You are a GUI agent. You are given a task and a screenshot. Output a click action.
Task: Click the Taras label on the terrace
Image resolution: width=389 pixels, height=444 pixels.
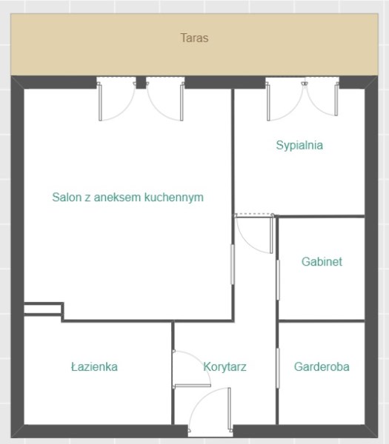(x=194, y=38)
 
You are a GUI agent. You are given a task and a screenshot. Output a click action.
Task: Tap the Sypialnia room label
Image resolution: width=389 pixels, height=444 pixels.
(x=299, y=145)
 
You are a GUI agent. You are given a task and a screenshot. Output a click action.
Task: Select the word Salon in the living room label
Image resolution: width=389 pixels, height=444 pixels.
(x=67, y=197)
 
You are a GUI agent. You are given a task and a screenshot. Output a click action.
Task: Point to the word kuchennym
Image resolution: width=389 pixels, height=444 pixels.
(x=174, y=198)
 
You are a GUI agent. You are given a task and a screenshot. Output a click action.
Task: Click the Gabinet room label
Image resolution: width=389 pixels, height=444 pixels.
(x=322, y=262)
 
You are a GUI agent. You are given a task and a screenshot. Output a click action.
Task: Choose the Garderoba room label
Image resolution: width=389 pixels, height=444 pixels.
(x=322, y=367)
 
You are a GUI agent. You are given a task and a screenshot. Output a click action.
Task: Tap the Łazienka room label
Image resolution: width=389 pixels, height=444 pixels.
(x=94, y=367)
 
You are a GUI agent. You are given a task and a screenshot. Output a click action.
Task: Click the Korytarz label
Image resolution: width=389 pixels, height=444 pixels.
(x=225, y=367)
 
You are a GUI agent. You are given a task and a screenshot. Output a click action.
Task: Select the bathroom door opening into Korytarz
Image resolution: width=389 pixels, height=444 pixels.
(x=192, y=369)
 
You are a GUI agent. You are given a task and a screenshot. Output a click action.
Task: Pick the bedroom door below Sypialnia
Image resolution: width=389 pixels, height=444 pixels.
(x=254, y=233)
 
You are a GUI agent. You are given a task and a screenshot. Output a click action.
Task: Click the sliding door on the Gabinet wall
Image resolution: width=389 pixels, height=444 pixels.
(x=278, y=280)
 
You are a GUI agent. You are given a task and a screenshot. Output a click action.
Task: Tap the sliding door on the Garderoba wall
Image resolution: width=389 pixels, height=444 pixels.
(x=278, y=368)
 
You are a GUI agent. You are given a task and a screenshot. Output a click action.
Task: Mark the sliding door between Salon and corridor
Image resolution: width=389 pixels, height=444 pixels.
(x=233, y=264)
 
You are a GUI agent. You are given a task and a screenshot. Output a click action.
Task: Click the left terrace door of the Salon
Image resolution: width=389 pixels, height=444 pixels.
(x=116, y=99)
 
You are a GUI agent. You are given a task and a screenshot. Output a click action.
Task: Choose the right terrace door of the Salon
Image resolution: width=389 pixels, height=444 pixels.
(x=165, y=99)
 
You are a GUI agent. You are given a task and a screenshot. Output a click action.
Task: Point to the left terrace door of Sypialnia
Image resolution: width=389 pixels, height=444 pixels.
(x=285, y=99)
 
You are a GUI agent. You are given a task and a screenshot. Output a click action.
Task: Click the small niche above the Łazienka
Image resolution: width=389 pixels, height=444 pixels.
(x=42, y=309)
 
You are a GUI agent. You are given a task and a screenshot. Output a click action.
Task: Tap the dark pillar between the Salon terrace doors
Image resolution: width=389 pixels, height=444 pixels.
(x=142, y=82)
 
